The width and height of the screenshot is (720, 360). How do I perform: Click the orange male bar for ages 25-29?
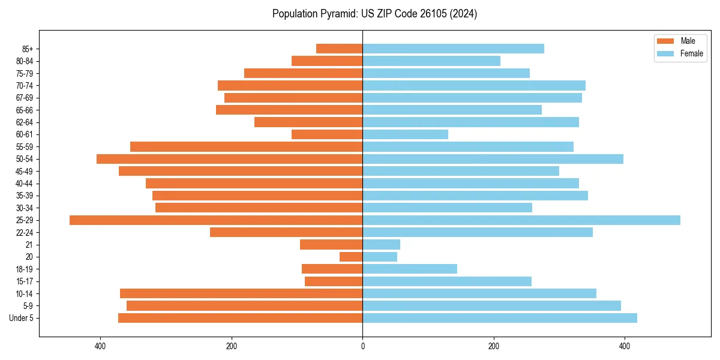point(216,220)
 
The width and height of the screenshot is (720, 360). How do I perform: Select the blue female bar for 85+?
point(453,49)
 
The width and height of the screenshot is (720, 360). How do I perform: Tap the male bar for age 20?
point(351,257)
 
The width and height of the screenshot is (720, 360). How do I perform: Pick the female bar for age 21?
point(381,245)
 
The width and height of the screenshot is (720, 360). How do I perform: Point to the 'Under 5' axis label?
point(21,318)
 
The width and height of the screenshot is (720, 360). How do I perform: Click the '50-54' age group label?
point(25,159)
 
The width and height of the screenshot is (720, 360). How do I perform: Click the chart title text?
point(374,14)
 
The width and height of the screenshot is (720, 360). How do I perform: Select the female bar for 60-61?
point(405,134)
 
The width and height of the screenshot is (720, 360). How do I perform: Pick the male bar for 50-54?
point(229,159)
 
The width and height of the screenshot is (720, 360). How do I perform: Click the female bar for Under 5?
point(499,318)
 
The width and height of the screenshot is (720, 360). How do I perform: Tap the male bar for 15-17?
point(334,281)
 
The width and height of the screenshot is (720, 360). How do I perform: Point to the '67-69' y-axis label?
point(25,98)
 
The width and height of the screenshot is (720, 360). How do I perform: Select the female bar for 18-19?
point(410,269)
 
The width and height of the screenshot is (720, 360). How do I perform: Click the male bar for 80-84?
point(327,61)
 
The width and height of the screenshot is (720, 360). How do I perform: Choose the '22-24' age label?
point(25,232)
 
